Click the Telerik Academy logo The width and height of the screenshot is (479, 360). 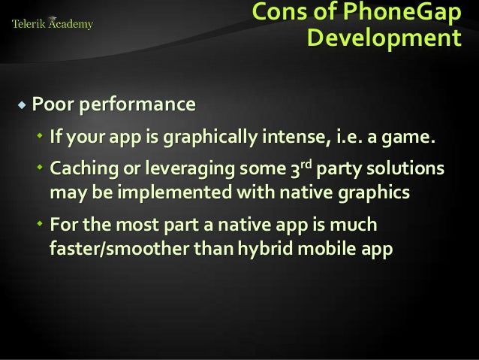(x=53, y=24)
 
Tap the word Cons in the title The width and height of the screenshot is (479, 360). (x=277, y=13)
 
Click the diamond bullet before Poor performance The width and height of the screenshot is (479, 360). (x=22, y=104)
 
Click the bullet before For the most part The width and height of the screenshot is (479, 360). (x=41, y=225)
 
